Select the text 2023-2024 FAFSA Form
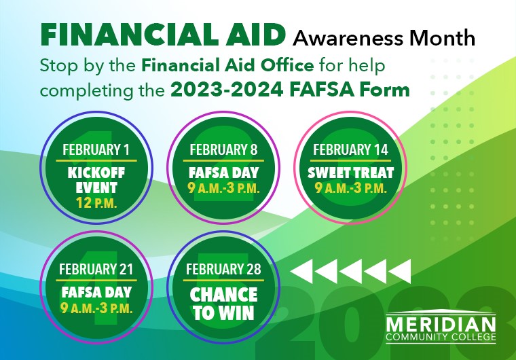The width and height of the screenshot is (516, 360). coord(290,90)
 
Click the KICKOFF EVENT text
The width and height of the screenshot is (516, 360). coord(93,179)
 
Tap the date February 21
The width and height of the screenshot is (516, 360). coord(96,269)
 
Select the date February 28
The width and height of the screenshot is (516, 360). coord(223,269)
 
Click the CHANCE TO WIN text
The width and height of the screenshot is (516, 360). coord(223,304)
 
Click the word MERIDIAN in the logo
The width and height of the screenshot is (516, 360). coord(441,322)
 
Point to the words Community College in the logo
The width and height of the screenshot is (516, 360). coord(441,337)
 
